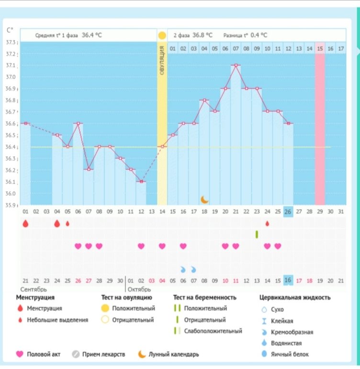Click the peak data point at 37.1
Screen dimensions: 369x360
pyautogui.click(x=236, y=65)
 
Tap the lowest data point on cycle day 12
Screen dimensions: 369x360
pyautogui.click(x=141, y=182)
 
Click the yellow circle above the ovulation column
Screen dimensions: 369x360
pyautogui.click(x=162, y=35)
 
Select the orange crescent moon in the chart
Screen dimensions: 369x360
pyautogui.click(x=204, y=199)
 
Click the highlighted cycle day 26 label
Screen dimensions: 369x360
pyautogui.click(x=288, y=212)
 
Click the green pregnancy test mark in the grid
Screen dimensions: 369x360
pyautogui.click(x=257, y=234)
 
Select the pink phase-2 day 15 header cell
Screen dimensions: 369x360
pyautogui.click(x=319, y=48)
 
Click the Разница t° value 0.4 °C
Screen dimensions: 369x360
pyautogui.click(x=259, y=35)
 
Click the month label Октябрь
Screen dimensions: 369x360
pyautogui.click(x=139, y=289)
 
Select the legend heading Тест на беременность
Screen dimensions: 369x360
pyautogui.click(x=205, y=298)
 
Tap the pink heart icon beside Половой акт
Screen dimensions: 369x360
pyautogui.click(x=20, y=354)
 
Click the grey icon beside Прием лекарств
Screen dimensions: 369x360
pyautogui.click(x=76, y=354)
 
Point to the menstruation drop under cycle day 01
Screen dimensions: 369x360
pyautogui.click(x=25, y=224)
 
